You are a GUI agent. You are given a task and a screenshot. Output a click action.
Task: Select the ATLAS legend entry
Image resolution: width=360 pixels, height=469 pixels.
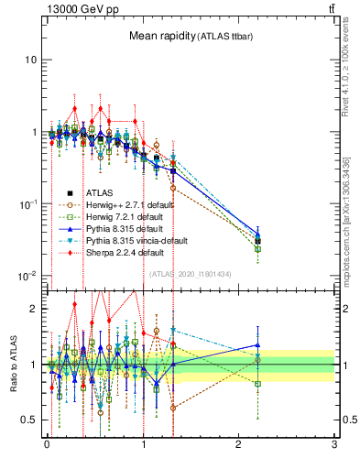(x=101, y=193)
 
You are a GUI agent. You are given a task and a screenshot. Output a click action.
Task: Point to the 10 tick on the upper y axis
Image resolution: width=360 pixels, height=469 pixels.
(x=30, y=60)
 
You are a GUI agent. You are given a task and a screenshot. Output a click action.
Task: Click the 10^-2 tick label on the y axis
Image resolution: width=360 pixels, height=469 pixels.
(x=27, y=276)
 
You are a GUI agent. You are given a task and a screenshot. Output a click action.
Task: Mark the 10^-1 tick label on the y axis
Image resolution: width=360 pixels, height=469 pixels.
(x=27, y=203)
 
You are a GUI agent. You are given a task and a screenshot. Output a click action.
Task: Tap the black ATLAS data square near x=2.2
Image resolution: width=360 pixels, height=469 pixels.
(x=257, y=242)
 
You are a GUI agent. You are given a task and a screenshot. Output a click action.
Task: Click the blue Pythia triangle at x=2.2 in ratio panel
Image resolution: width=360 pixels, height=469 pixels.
(x=257, y=345)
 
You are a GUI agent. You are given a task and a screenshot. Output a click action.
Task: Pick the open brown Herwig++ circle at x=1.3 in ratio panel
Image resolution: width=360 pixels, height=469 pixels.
(x=172, y=408)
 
